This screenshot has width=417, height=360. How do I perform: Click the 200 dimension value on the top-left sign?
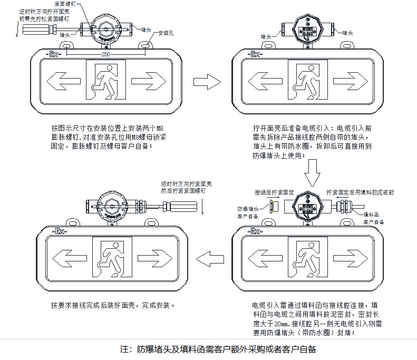point(106,54)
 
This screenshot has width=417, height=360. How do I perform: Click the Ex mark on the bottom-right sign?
point(255,231)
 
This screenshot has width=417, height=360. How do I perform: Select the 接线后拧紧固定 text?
point(274,193)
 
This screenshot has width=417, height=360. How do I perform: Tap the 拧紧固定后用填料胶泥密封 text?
point(360,193)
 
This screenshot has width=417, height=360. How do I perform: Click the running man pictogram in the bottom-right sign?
point(307,258)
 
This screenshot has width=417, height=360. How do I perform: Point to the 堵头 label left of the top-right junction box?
point(266,37)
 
